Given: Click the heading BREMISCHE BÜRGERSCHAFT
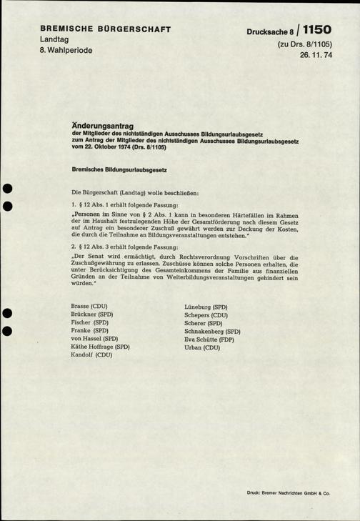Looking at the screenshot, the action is click(104, 29).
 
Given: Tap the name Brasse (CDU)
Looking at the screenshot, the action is click(89, 306).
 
